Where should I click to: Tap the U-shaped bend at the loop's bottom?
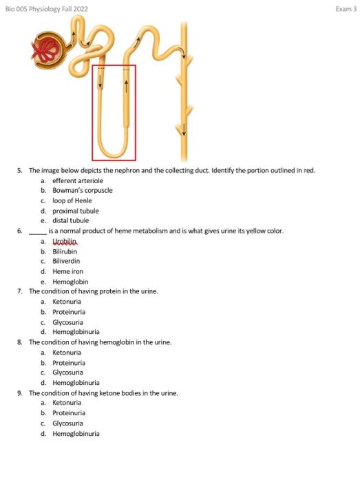[x=114, y=150]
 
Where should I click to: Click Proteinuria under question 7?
[x=69, y=312]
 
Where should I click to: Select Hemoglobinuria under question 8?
[x=76, y=383]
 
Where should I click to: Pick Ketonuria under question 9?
[x=67, y=403]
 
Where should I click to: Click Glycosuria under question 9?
[x=68, y=423]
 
